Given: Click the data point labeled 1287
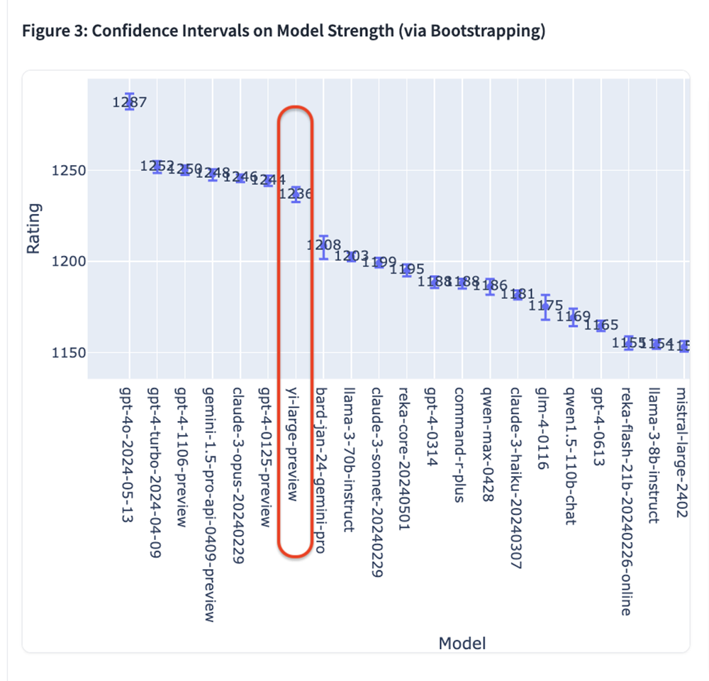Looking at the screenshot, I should [129, 102].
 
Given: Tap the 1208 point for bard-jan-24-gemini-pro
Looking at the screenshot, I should [323, 246].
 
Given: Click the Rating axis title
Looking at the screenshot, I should [33, 229].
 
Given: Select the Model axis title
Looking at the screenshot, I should [462, 643].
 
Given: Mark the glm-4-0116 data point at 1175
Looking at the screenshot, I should [545, 307].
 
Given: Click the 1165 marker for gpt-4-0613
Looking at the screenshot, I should [601, 325].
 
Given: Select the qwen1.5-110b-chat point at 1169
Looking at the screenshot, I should [573, 317].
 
